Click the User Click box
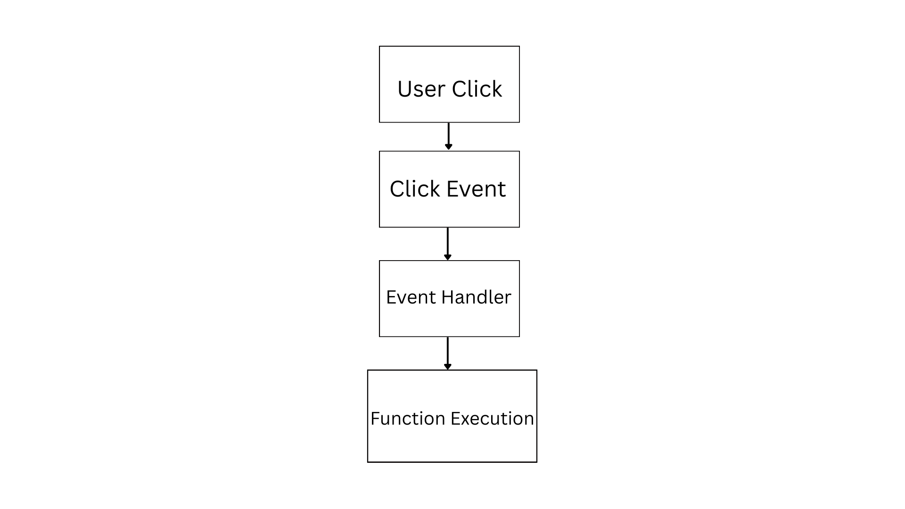point(449,84)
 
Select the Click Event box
point(449,189)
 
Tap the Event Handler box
point(449,298)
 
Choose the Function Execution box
point(452,416)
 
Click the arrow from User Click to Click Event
point(448,137)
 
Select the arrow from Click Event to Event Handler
point(447,244)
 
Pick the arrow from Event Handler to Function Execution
point(447,353)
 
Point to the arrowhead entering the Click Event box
point(448,147)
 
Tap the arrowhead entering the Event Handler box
point(447,257)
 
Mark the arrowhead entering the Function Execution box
point(447,367)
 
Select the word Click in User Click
point(477,89)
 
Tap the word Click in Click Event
point(415,189)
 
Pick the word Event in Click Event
point(476,189)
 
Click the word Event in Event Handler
point(411,297)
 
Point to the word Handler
point(476,297)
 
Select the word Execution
point(492,419)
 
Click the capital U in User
point(404,89)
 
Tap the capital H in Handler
point(447,297)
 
